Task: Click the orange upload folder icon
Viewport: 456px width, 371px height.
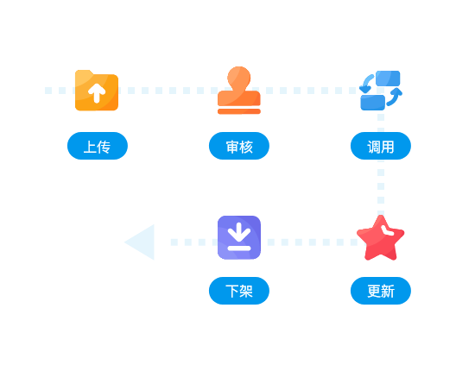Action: point(97,91)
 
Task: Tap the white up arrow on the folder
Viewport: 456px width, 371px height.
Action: point(97,93)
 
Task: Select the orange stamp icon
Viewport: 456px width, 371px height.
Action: point(239,90)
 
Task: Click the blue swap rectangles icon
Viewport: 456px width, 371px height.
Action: point(381,91)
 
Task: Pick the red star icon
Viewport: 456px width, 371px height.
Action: point(380,238)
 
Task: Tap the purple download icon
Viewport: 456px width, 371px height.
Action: point(239,237)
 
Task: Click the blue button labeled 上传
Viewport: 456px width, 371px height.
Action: point(98,146)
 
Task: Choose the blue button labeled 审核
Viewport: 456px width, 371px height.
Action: point(239,146)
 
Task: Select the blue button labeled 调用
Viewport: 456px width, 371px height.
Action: point(381,146)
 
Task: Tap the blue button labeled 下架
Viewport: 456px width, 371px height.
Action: point(239,291)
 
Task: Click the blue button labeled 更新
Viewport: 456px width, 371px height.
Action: point(381,291)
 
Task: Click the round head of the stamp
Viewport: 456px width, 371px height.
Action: point(239,77)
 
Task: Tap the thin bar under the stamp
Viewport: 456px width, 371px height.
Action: point(239,111)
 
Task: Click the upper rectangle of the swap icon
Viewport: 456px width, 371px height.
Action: point(388,79)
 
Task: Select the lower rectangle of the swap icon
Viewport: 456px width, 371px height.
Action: point(373,103)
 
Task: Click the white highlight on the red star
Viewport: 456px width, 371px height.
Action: point(388,230)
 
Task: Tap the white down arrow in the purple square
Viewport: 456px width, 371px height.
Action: point(239,232)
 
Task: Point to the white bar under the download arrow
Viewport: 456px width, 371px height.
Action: point(239,248)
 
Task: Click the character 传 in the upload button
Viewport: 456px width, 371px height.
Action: point(104,147)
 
